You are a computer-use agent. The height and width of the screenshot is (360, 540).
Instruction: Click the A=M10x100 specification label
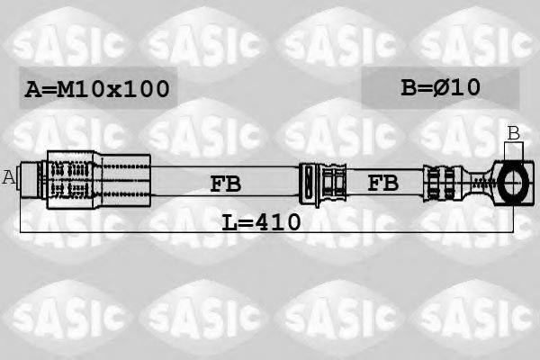click(x=97, y=89)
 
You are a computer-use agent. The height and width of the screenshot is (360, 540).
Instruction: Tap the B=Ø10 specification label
click(x=440, y=87)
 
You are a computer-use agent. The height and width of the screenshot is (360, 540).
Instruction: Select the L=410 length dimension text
click(x=261, y=220)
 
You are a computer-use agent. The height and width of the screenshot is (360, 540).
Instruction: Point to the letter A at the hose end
click(x=9, y=177)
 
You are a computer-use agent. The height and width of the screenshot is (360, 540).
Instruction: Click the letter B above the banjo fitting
click(x=513, y=133)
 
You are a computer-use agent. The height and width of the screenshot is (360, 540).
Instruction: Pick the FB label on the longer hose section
click(x=225, y=184)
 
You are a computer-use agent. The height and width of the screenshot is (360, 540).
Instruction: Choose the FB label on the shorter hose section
click(x=383, y=184)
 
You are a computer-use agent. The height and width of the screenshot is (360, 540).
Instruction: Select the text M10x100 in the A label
click(x=112, y=89)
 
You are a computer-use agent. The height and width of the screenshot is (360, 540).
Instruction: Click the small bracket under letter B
click(x=513, y=150)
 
